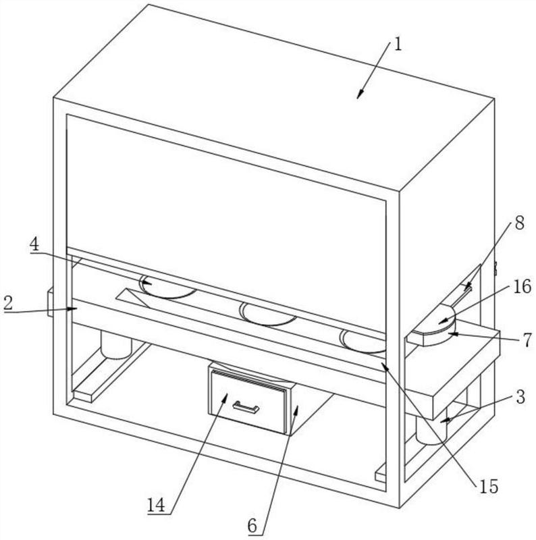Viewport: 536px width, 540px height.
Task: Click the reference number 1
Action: point(398,45)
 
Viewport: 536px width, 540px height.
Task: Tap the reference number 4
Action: point(34,244)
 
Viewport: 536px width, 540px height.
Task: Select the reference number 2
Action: point(8,304)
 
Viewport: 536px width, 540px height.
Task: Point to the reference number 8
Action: point(519,223)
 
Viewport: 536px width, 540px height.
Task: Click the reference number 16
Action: point(522,286)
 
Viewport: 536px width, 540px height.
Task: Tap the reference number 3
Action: point(520,397)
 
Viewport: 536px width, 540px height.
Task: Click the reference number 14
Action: point(157,505)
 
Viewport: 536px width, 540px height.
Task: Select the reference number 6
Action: point(252,526)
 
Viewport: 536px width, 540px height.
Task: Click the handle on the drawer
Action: point(246,408)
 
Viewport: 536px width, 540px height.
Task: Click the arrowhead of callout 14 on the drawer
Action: point(225,398)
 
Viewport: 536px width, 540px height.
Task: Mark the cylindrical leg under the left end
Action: point(116,344)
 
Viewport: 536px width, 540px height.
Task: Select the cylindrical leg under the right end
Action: point(431,431)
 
